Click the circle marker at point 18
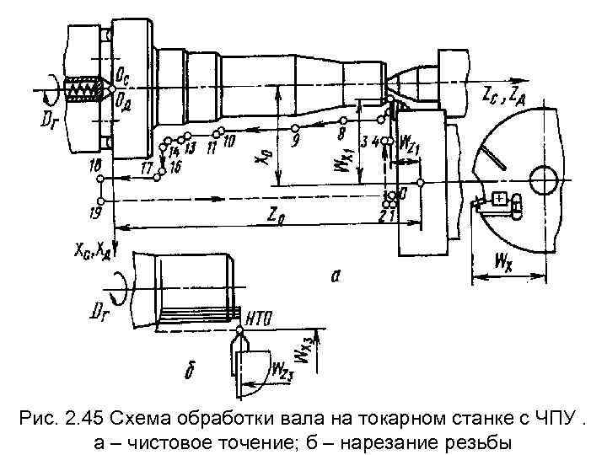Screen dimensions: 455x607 tap(100, 179)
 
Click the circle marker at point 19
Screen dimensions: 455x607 tap(100, 201)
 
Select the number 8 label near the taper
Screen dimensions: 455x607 tap(341, 133)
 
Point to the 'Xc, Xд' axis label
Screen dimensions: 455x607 tap(90, 249)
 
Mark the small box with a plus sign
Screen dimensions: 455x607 tap(501, 199)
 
